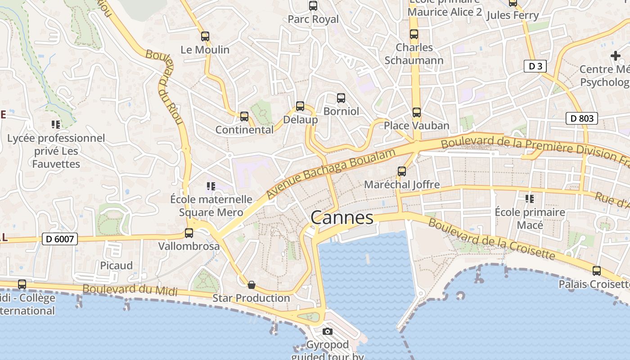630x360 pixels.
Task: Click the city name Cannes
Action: point(342,218)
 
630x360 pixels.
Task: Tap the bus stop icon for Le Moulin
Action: point(205,36)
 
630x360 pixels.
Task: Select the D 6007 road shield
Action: point(60,239)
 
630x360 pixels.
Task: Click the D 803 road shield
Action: point(581,118)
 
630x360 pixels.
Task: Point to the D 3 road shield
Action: point(535,66)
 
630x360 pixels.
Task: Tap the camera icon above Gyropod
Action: point(328,332)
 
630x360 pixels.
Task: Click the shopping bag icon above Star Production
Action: point(252,285)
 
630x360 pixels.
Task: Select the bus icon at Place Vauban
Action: point(417,112)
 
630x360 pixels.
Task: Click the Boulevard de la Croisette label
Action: point(491,239)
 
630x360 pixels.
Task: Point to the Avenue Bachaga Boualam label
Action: point(331,173)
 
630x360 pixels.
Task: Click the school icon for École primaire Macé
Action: point(530,198)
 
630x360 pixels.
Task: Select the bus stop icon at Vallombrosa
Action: point(189,233)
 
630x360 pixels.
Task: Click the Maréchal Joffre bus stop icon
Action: point(402,171)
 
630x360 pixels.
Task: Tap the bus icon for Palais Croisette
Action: point(597,271)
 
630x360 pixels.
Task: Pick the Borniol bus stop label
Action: point(342,111)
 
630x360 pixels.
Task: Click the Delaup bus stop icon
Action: point(300,107)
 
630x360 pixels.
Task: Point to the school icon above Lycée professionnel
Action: point(56,125)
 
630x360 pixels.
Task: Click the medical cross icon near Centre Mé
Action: point(615,56)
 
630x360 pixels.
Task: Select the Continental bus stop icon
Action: point(244,117)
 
